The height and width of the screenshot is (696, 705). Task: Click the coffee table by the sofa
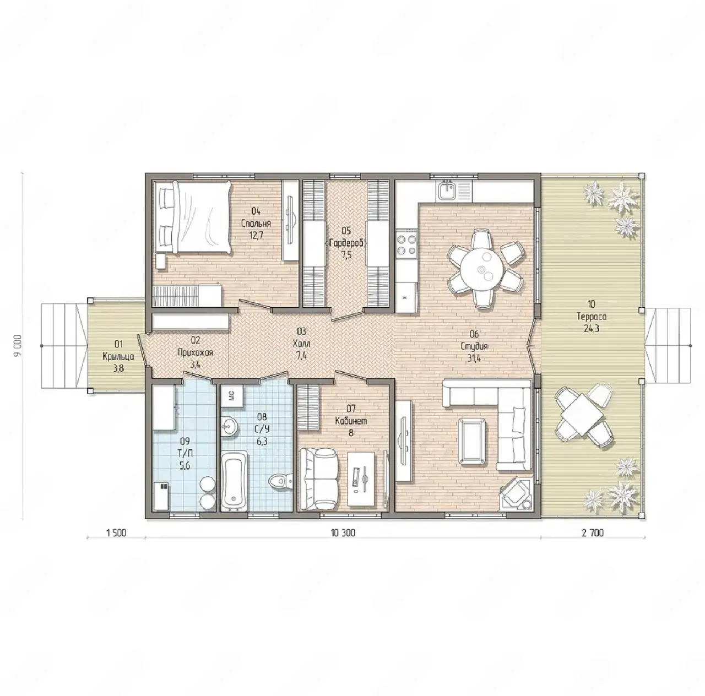pyautogui.click(x=473, y=442)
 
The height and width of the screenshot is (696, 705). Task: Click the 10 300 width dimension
pyautogui.click(x=343, y=533)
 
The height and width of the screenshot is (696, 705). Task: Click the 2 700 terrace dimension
pyautogui.click(x=593, y=533)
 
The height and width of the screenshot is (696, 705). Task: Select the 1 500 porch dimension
pyautogui.click(x=116, y=533)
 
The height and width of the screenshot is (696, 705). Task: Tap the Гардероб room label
pyautogui.click(x=346, y=243)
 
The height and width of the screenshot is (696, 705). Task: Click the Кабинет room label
pyautogui.click(x=351, y=421)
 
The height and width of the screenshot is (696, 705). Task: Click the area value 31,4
pyautogui.click(x=474, y=358)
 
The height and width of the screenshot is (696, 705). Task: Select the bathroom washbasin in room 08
pyautogui.click(x=229, y=427)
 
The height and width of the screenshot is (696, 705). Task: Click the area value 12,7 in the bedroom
pyautogui.click(x=256, y=235)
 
